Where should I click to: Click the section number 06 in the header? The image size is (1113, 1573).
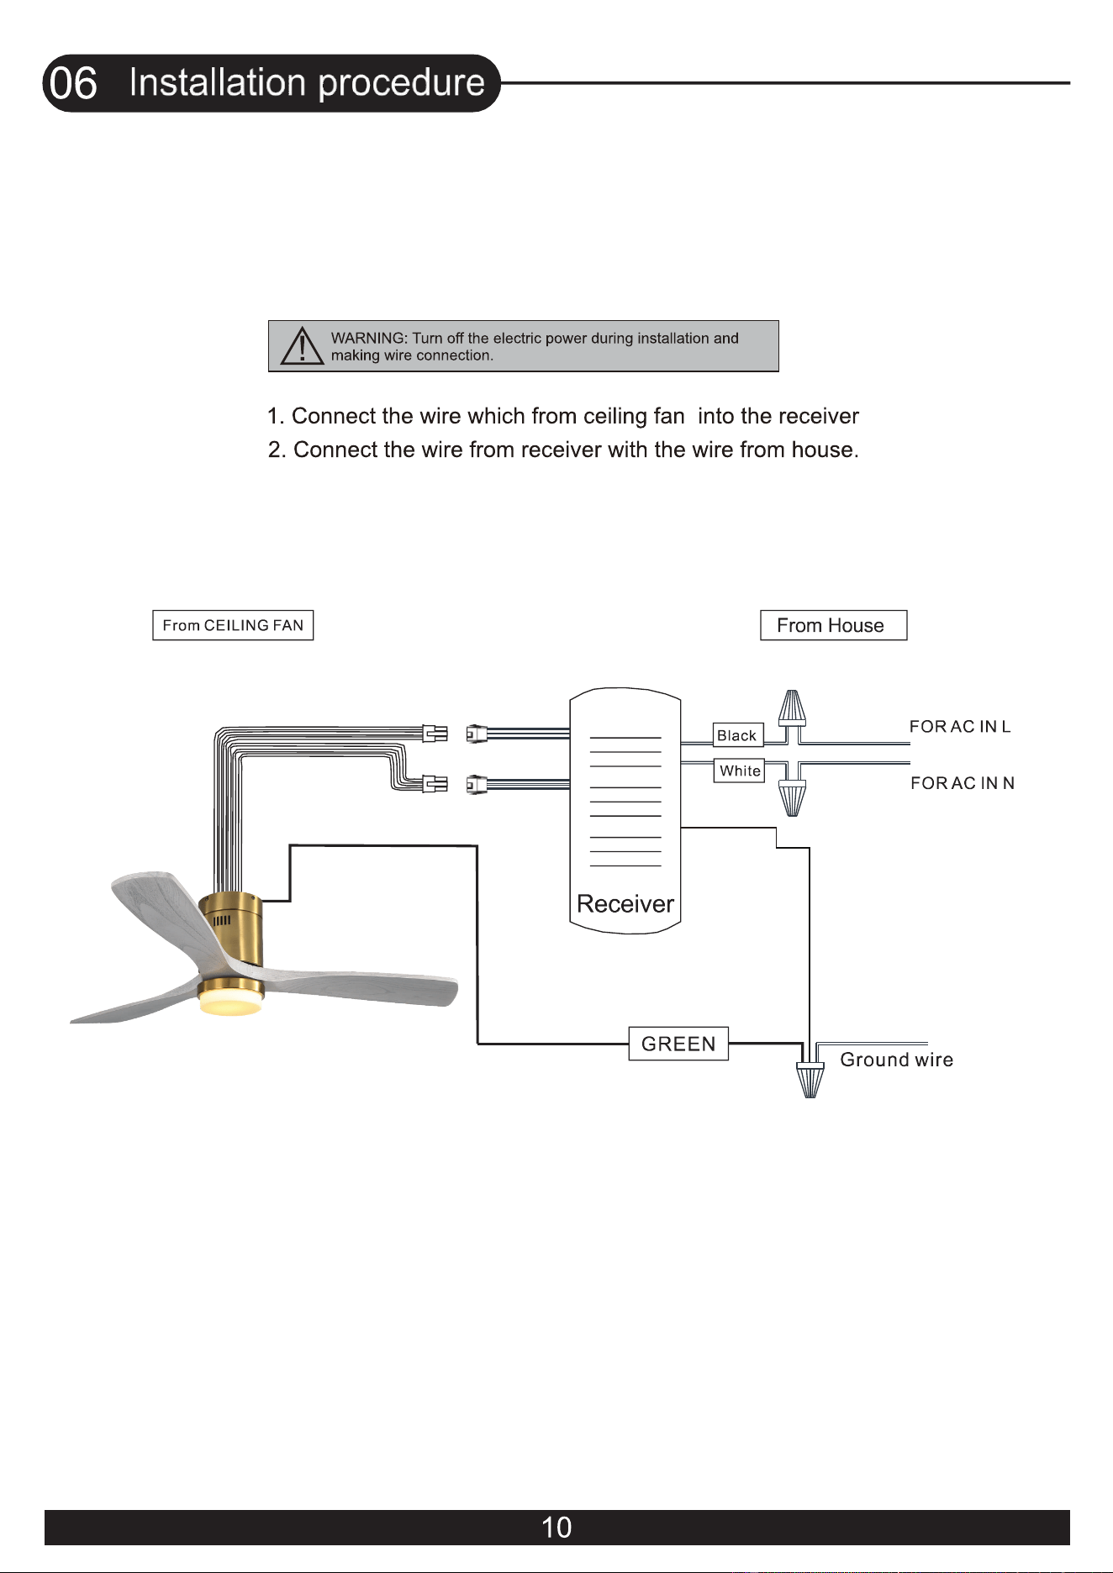73,83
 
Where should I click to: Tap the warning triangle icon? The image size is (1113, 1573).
302,345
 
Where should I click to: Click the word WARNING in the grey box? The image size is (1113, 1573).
369,338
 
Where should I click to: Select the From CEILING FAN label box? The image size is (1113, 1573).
233,625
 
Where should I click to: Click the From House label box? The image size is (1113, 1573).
833,625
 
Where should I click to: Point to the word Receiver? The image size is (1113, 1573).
625,904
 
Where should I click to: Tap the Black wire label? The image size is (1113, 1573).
737,735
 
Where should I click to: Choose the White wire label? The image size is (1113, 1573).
740,771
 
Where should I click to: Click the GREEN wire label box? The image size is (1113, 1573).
678,1044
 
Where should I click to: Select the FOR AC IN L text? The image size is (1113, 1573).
960,727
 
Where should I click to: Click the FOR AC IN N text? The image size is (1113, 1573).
963,783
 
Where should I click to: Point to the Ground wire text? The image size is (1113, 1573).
897,1060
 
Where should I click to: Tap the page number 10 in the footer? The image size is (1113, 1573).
556,1528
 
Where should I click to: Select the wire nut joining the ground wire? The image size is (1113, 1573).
810,1081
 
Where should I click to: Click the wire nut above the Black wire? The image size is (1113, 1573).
792,708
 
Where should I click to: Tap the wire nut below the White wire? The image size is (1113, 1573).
792,798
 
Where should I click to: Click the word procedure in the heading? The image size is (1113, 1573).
402,83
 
